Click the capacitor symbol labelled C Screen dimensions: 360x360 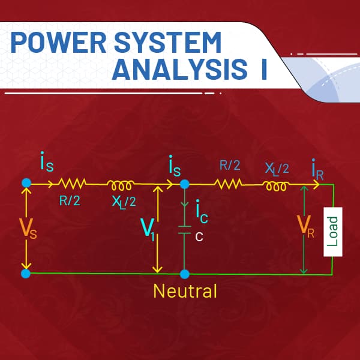(x=185, y=231)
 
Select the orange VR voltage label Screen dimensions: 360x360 (x=306, y=226)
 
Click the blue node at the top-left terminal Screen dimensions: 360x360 (x=26, y=182)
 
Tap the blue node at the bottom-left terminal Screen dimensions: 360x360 (x=26, y=274)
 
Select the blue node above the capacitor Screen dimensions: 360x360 (x=185, y=183)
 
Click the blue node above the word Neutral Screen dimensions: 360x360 (x=185, y=274)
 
